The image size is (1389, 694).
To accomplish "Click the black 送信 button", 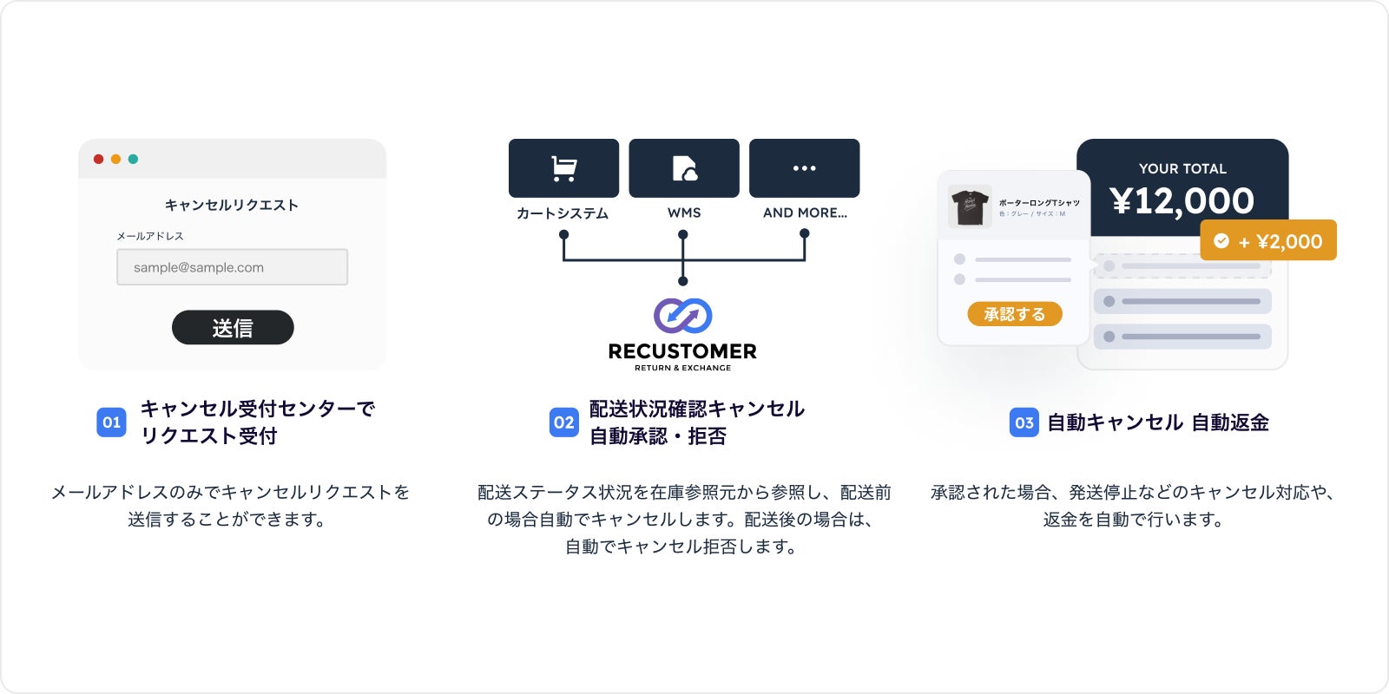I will [x=233, y=327].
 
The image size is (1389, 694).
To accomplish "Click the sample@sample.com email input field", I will [x=233, y=267].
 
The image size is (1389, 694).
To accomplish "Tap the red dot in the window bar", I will [x=98, y=159].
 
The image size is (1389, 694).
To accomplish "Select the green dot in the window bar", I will [x=133, y=159].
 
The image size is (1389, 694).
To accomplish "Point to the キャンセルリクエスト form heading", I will [x=232, y=205].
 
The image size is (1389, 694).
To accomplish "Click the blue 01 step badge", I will [x=111, y=422].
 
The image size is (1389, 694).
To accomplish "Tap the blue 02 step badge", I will [x=564, y=422].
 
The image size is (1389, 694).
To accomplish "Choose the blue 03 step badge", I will [x=1024, y=422].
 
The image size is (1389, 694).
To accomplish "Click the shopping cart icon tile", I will [x=564, y=168].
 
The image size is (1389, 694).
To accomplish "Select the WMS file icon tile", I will [x=684, y=168].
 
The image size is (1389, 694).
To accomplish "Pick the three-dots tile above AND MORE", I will [x=805, y=168].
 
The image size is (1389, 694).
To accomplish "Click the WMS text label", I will [x=684, y=213].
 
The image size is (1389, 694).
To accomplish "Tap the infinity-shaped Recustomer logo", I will [x=683, y=316].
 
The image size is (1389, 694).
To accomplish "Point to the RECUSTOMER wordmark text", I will [x=682, y=351].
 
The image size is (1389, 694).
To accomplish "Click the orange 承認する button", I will [x=1015, y=314].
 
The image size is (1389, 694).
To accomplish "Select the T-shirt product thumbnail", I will [x=970, y=206].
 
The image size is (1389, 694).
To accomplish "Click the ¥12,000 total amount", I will [x=1182, y=201].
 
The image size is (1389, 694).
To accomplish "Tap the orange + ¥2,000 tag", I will [x=1268, y=240].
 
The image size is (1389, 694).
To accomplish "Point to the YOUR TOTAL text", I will [x=1182, y=168].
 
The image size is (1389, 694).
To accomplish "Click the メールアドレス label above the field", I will [x=150, y=236].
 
